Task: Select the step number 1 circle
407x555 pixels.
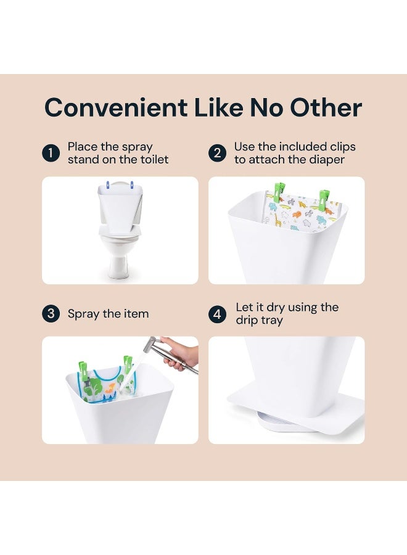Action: click(x=51, y=153)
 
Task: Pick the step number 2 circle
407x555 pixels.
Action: click(x=217, y=153)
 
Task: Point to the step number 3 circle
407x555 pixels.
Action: click(x=51, y=314)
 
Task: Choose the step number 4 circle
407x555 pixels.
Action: click(x=217, y=314)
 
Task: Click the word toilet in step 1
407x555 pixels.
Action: click(x=150, y=160)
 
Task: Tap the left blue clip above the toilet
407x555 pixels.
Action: click(x=108, y=184)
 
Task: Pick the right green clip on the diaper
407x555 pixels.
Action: click(x=324, y=200)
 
